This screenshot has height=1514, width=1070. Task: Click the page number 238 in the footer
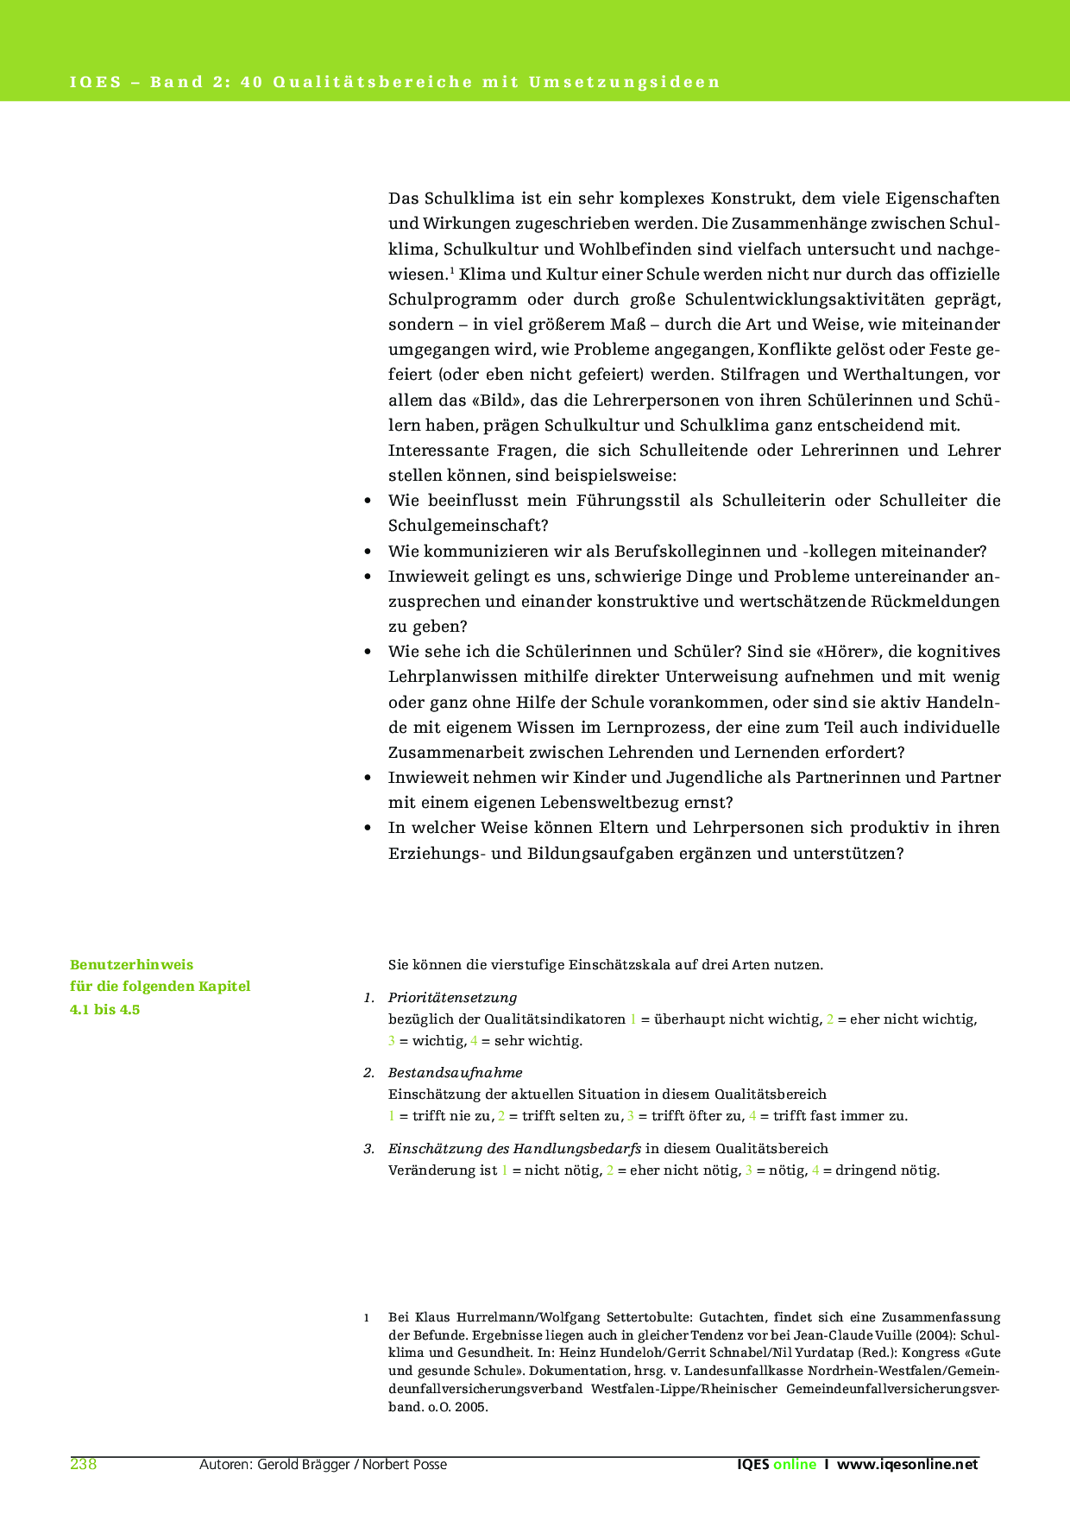pos(83,1464)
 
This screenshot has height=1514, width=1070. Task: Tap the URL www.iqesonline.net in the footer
pos(908,1464)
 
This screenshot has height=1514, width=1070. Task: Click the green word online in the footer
pos(794,1464)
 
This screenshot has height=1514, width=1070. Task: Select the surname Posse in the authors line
pos(428,1464)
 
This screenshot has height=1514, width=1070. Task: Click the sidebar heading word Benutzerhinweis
pos(131,964)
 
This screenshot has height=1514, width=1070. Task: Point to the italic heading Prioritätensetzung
pos(452,997)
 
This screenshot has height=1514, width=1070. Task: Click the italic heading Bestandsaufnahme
pos(455,1072)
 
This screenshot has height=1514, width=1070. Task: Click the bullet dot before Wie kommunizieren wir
pos(368,552)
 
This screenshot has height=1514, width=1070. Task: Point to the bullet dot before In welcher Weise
pos(368,828)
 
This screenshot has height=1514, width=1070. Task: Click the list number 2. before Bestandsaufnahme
pos(368,1072)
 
